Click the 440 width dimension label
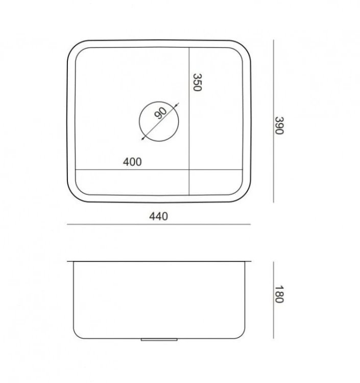158,217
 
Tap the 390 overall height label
279,126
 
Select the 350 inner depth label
197,82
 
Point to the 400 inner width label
132,162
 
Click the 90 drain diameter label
160,113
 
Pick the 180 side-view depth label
279,294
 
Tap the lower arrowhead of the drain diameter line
143,138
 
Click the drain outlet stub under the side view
159,340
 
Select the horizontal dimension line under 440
159,224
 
